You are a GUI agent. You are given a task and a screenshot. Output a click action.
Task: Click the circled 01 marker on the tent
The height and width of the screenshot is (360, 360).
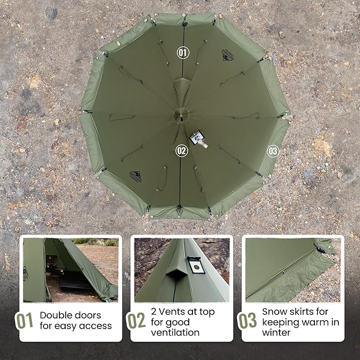(x=182, y=52)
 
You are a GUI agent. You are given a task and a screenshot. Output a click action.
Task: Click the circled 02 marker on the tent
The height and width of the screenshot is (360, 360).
(x=182, y=151)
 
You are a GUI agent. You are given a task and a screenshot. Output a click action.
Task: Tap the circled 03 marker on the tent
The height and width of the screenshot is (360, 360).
(x=273, y=151)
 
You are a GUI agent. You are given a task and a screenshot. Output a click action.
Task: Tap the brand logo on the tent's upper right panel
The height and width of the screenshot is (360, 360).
(x=228, y=55)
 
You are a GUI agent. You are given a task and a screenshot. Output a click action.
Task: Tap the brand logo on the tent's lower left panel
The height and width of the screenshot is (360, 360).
(x=135, y=175)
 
